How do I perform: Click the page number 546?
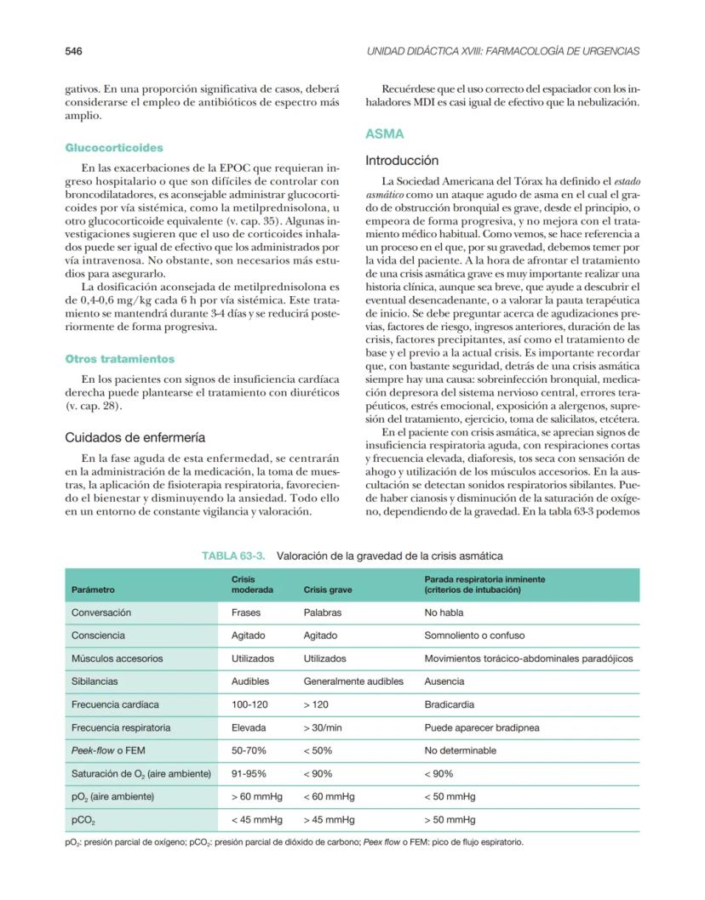point(73,51)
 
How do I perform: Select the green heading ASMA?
point(384,134)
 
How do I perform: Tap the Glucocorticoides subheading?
point(114,148)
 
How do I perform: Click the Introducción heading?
point(402,160)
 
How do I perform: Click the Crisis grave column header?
point(328,589)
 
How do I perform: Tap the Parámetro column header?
point(93,589)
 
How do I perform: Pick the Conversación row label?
point(101,612)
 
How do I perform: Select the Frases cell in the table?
point(246,612)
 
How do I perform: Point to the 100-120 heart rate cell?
point(249,704)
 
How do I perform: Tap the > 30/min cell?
point(323,727)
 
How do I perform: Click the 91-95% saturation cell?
point(249,773)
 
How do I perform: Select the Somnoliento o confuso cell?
point(474,635)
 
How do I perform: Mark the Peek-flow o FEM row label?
point(111,750)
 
